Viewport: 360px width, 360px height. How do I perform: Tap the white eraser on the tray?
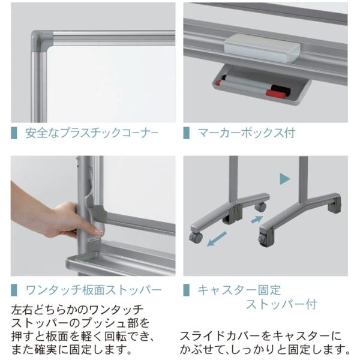click(x=262, y=48)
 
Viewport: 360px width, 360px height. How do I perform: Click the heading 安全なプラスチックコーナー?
click(x=92, y=133)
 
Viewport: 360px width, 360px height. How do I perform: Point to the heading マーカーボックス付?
click(x=247, y=133)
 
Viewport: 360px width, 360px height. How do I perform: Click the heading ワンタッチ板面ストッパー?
click(x=94, y=290)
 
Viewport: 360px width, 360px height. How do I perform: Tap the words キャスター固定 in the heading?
click(x=239, y=290)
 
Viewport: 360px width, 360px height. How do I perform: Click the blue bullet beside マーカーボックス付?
click(x=186, y=133)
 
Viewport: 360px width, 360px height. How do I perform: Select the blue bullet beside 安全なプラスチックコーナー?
click(x=14, y=133)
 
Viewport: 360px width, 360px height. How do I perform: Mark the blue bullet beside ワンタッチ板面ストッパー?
click(x=14, y=290)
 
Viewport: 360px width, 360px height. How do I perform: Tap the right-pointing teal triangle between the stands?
click(x=284, y=179)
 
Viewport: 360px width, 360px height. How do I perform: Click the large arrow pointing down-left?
click(x=217, y=239)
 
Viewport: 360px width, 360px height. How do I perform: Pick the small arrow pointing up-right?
click(x=257, y=219)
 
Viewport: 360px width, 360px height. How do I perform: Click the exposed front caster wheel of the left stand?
click(x=196, y=237)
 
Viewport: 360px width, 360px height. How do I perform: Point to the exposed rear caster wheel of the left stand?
click(x=261, y=206)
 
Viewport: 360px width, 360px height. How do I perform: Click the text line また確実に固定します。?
click(x=71, y=350)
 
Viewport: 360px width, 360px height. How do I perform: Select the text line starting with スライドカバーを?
click(x=260, y=337)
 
